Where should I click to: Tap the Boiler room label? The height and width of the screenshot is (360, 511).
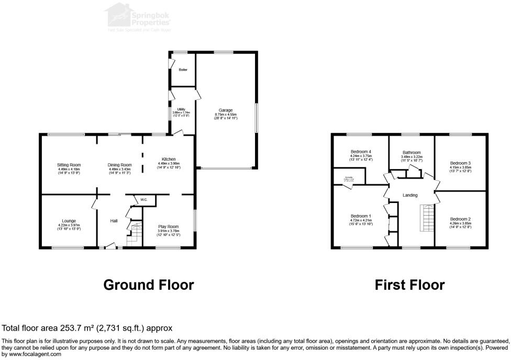pos(183,69)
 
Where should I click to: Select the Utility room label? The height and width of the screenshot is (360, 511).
pos(181,109)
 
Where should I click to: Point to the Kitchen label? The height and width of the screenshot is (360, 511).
pos(168,159)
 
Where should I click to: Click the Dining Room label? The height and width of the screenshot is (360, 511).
pos(119,165)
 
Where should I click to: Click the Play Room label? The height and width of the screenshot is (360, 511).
pos(168,227)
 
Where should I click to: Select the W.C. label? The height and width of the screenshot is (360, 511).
pos(143,199)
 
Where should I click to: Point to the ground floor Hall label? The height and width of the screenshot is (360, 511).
pos(113,221)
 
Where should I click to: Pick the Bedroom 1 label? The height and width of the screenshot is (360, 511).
pos(361,216)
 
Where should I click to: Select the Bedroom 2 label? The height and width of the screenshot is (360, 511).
pos(461,219)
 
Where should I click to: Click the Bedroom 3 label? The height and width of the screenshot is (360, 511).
pos(461,163)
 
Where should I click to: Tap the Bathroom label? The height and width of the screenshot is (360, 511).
pos(412,152)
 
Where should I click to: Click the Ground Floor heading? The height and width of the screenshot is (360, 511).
pos(148,285)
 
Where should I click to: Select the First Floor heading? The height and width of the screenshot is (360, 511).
pos(409,285)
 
